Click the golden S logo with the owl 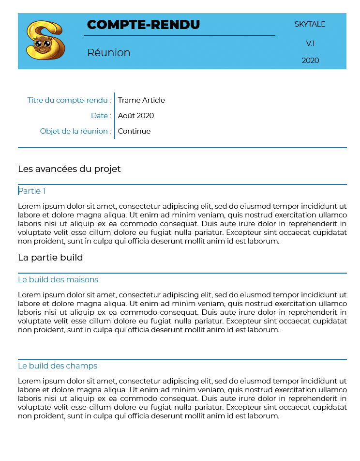pyautogui.click(x=45, y=40)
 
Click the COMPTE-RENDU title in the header pyautogui.click(x=143, y=25)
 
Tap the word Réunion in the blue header pyautogui.click(x=108, y=53)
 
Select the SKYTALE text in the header pyautogui.click(x=310, y=24)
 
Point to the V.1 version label pyautogui.click(x=310, y=44)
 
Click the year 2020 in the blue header pyautogui.click(x=310, y=61)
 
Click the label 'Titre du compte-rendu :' pyautogui.click(x=69, y=100)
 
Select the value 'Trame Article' pyautogui.click(x=141, y=100)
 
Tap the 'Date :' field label pyautogui.click(x=101, y=116)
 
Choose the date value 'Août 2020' pyautogui.click(x=136, y=116)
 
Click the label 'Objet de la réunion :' pyautogui.click(x=75, y=131)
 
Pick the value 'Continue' pyautogui.click(x=134, y=131)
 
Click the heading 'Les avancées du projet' pyautogui.click(x=69, y=169)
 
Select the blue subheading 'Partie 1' pyautogui.click(x=32, y=191)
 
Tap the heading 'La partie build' pyautogui.click(x=50, y=258)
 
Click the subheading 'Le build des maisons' pyautogui.click(x=58, y=280)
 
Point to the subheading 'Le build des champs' pyautogui.click(x=58, y=366)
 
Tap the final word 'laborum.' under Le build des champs pyautogui.click(x=264, y=416)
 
